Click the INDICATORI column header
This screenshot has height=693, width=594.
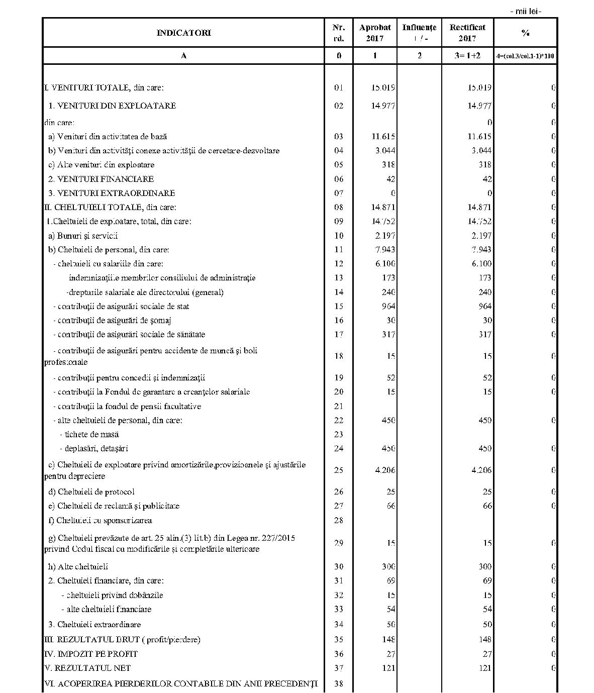[183, 33]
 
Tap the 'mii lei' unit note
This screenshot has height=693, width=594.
[525, 11]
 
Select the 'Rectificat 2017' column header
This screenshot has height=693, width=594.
[467, 33]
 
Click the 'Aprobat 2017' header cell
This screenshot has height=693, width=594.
[375, 33]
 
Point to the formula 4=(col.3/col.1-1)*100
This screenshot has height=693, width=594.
[525, 56]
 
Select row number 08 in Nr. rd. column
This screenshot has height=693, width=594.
[339, 207]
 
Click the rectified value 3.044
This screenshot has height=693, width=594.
[481, 150]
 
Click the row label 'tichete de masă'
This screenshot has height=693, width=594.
[89, 434]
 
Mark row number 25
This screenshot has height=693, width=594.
[339, 470]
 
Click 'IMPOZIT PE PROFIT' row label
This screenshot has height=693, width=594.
[91, 654]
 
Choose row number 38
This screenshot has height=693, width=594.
[339, 683]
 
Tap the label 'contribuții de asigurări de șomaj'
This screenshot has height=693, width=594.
[114, 320]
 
